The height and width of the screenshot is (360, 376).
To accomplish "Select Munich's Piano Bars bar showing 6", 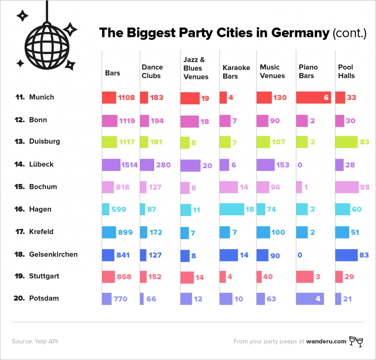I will (313, 98).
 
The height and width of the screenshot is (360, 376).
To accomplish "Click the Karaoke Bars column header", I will (236, 72).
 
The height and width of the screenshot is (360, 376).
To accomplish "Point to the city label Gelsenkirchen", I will (53, 254).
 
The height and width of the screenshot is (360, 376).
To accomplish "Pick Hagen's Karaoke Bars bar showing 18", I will (231, 209).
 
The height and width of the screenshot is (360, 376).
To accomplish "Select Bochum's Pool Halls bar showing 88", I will (347, 187).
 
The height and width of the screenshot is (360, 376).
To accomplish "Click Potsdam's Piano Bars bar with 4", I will (310, 299).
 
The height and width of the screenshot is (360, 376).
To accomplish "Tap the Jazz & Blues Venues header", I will (195, 68).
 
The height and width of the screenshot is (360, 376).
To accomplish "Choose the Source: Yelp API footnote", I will (35, 341).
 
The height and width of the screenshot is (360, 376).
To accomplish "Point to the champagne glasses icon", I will (356, 341).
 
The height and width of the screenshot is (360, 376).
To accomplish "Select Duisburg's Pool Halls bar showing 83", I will (346, 142).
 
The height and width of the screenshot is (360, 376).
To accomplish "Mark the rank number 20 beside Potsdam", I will (19, 298).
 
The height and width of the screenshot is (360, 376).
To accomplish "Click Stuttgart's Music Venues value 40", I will (268, 277).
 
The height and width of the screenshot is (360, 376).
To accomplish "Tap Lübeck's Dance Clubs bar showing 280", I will (147, 165).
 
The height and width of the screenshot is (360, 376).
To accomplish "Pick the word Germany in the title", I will (300, 33).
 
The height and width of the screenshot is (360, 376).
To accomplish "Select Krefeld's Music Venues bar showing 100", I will (263, 232).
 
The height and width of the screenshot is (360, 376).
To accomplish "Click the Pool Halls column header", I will (346, 71).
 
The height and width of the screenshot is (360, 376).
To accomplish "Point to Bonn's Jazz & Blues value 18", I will (205, 121).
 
